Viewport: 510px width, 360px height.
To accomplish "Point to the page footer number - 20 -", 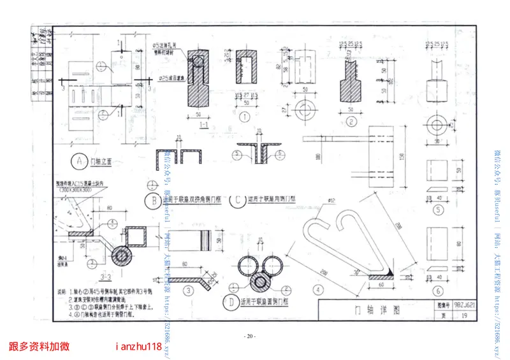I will click(250, 336).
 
